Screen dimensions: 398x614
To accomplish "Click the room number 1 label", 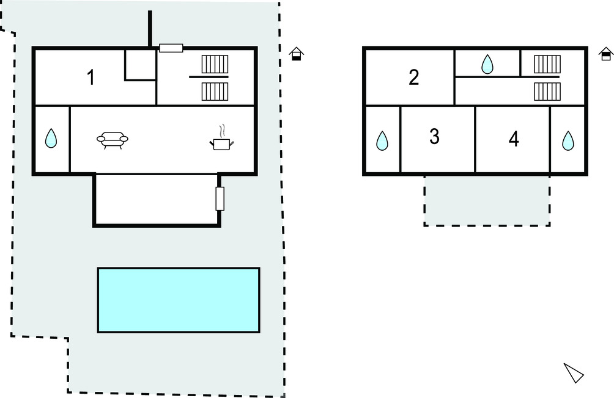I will pyautogui.click(x=91, y=78).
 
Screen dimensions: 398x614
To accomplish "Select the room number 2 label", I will pyautogui.click(x=414, y=78).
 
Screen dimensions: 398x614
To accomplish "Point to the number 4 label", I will pyautogui.click(x=514, y=139).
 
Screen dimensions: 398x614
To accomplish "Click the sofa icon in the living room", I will pyautogui.click(x=113, y=141).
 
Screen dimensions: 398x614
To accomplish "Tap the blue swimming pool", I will pyautogui.click(x=178, y=300).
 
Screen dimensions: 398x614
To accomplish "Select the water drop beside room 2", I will pyautogui.click(x=487, y=64).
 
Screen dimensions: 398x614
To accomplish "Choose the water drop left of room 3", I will pyautogui.click(x=382, y=140).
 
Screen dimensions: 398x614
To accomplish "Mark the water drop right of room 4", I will pyautogui.click(x=568, y=140).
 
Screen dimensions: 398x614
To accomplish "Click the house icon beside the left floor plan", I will pyautogui.click(x=297, y=54).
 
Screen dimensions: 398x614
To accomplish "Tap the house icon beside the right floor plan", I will pyautogui.click(x=605, y=54).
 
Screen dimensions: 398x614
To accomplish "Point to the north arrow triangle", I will pyautogui.click(x=573, y=372).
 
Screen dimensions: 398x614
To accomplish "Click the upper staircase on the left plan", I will pyautogui.click(x=215, y=64).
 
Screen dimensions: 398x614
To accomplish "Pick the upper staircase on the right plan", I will pyautogui.click(x=547, y=63).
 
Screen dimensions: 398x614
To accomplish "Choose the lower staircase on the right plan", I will pyautogui.click(x=547, y=90).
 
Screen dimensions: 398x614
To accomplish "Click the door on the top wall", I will pyautogui.click(x=171, y=48).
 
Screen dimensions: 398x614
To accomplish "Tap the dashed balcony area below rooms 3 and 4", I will pyautogui.click(x=487, y=201).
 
